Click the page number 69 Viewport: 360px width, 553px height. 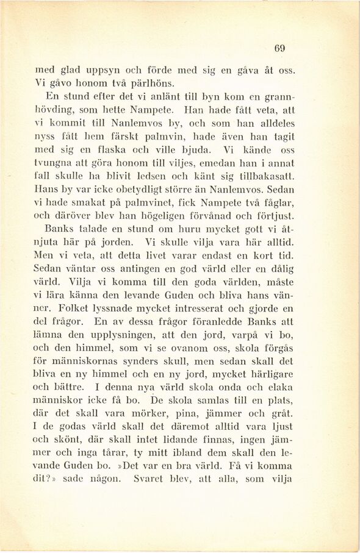click(x=280, y=48)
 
